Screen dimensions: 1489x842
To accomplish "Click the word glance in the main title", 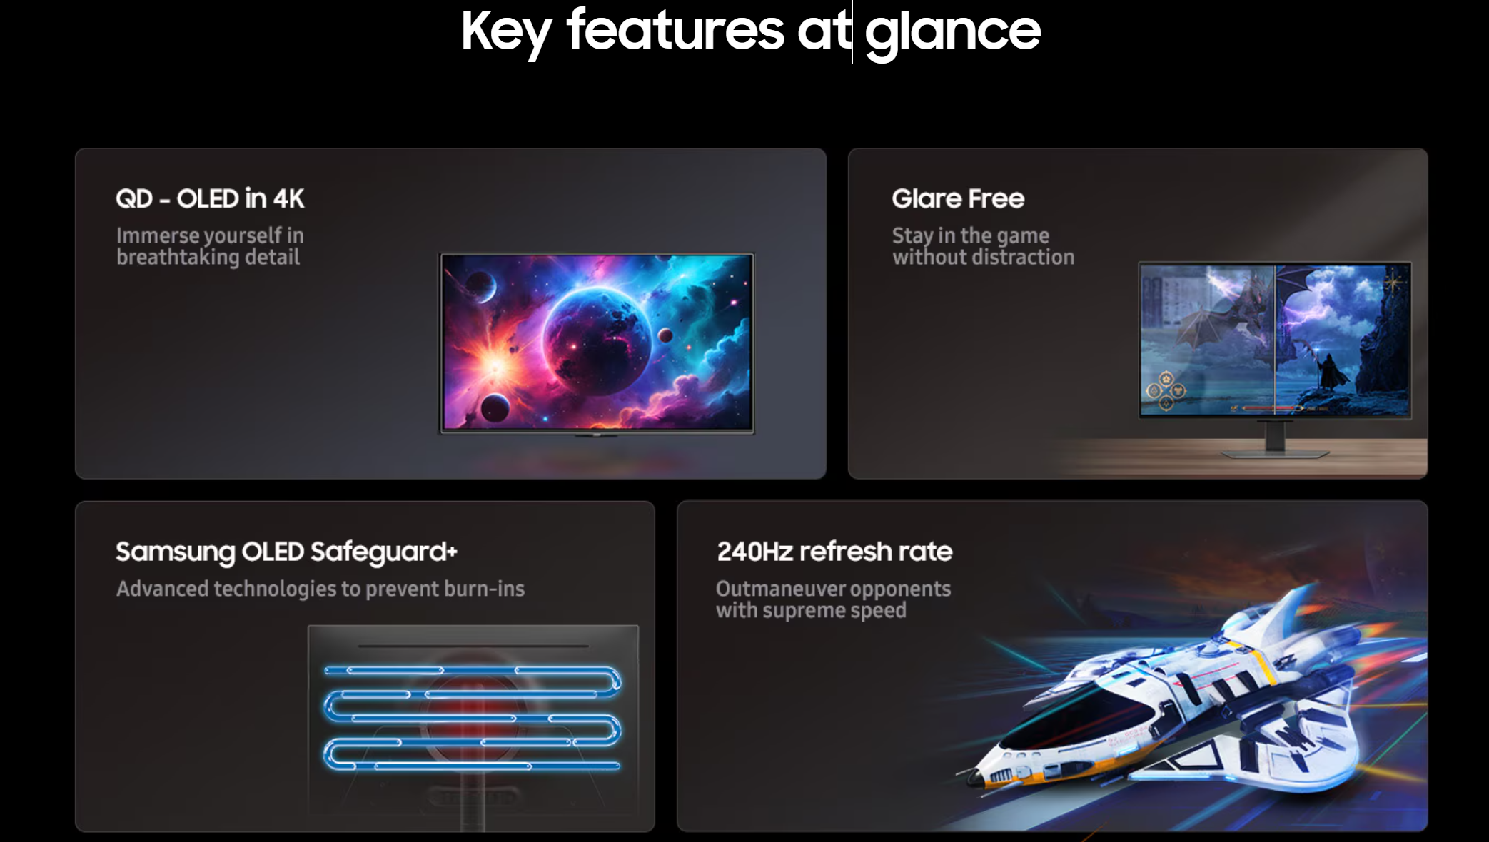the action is tap(953, 33).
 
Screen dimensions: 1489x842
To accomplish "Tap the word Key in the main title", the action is tap(506, 33).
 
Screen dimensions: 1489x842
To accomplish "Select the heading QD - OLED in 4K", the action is tap(210, 198).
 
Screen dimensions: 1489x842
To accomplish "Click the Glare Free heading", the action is tap(958, 198).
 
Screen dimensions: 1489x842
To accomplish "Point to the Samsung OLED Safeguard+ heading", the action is tap(286, 552).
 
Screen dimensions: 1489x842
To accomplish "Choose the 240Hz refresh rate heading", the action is tap(834, 552).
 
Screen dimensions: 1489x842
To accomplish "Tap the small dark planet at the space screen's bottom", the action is tap(495, 408).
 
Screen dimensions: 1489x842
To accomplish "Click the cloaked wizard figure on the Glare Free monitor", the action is tap(1329, 370).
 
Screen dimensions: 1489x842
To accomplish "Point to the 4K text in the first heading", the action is tap(288, 198).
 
